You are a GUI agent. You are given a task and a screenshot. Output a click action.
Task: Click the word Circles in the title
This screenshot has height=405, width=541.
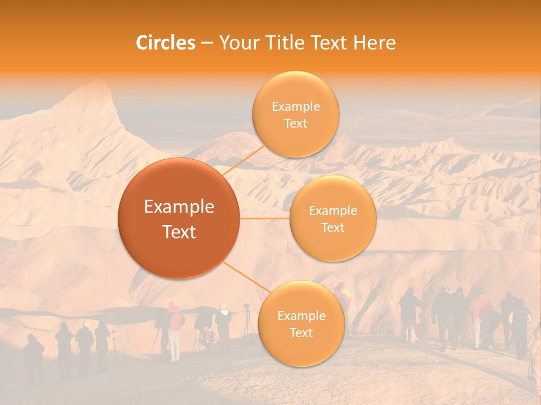(165, 43)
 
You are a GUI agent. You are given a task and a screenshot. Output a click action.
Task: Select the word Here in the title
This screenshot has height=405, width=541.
(374, 43)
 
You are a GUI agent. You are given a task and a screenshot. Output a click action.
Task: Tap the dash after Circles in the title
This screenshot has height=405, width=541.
(206, 43)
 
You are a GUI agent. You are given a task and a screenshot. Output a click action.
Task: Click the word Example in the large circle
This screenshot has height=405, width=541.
(179, 207)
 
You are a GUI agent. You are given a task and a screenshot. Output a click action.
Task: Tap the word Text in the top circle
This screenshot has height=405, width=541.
(295, 124)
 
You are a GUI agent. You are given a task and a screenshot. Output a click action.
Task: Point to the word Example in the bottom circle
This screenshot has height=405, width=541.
(301, 316)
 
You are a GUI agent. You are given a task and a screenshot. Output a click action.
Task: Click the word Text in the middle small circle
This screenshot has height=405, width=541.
(333, 228)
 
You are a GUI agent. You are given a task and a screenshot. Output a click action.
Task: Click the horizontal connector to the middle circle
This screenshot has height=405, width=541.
(265, 218)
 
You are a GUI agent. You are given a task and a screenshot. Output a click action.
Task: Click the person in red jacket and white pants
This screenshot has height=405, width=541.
(175, 332)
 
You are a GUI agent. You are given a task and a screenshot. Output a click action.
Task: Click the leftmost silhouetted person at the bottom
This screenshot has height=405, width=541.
(33, 357)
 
